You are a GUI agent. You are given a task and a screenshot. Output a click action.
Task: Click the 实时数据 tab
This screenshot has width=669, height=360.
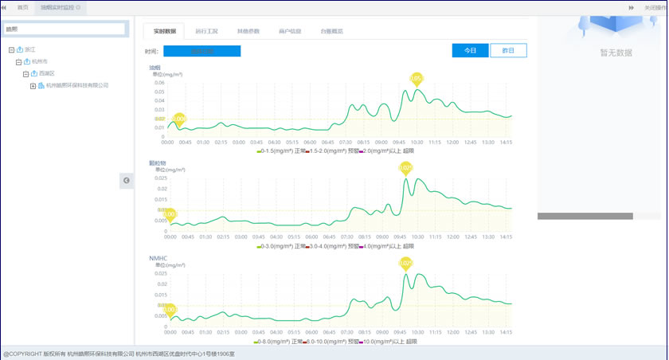[164, 31]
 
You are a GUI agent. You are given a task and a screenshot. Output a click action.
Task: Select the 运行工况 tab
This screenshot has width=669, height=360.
[206, 31]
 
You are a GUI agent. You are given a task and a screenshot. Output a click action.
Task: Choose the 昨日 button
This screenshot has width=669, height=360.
[508, 50]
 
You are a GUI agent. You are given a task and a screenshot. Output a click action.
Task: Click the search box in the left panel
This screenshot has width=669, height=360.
[65, 29]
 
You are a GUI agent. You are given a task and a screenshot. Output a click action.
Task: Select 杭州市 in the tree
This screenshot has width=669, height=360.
[40, 61]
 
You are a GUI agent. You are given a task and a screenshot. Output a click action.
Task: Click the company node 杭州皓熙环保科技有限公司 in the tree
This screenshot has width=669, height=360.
[77, 85]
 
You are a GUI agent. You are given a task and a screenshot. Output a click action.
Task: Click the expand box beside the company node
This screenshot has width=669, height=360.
[33, 85]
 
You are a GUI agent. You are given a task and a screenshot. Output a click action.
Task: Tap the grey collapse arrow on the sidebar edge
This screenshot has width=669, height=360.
[127, 181]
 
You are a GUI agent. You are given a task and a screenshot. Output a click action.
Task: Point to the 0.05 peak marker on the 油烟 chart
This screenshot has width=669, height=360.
[417, 78]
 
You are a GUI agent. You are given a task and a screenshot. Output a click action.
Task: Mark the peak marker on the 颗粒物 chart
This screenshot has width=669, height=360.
[406, 168]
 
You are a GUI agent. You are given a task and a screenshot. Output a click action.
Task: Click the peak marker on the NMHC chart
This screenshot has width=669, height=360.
[406, 263]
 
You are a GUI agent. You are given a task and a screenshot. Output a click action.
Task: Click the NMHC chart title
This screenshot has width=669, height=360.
[157, 258]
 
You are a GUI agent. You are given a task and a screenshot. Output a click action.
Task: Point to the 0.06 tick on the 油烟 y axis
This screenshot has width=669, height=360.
[158, 82]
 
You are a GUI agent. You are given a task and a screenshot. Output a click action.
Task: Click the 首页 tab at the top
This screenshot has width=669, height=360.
[23, 6]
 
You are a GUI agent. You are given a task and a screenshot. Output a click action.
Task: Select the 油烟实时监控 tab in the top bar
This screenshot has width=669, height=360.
[59, 6]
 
